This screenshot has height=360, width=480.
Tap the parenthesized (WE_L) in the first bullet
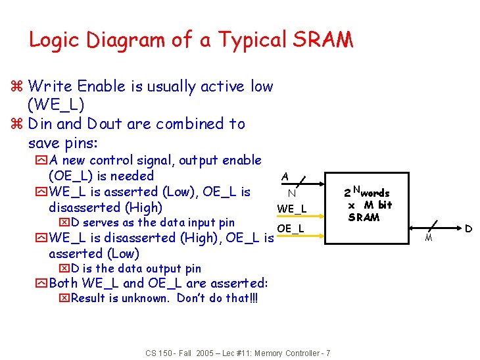tap(56, 105)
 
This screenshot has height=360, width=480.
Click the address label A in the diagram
tap(285, 176)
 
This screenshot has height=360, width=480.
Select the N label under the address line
tap(291, 193)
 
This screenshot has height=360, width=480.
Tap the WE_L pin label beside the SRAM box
tap(291, 209)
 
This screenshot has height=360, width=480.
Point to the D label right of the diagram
tap(468, 229)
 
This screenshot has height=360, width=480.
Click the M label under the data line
tap(429, 238)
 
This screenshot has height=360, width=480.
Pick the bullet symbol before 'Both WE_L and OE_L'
tap(43, 284)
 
